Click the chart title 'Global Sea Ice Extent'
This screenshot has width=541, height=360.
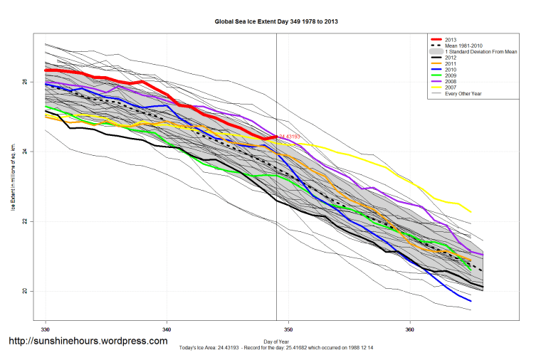point(276,22)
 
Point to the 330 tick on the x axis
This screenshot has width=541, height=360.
point(46,331)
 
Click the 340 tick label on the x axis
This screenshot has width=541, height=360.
point(167,331)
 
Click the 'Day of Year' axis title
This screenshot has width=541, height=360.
point(276,342)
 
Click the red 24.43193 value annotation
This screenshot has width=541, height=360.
point(289,136)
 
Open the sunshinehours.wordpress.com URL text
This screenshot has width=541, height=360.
point(88,341)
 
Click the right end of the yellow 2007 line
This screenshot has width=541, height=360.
point(471,212)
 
